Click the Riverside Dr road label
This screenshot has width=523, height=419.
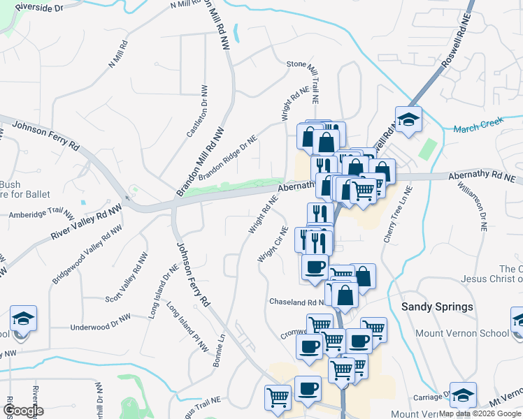coord(38,6)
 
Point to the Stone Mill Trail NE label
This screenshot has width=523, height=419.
coord(308,78)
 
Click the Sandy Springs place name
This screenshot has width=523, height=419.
coord(437,307)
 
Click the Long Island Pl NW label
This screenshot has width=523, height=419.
coord(188,325)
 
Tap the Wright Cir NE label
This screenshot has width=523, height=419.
coord(273,244)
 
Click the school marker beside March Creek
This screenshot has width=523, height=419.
coord(408,119)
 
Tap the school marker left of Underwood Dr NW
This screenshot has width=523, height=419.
coord(24,319)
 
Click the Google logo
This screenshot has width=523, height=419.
coord(23,411)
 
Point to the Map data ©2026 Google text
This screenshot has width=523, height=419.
coord(480,413)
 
